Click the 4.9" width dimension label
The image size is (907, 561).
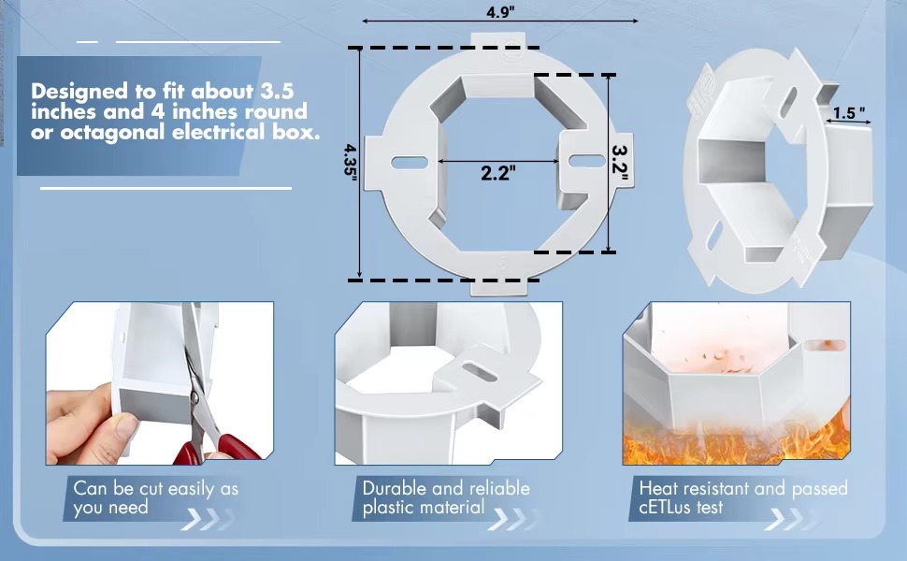click(x=499, y=11)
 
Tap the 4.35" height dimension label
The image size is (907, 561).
click(x=350, y=162)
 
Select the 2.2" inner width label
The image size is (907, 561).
click(x=498, y=172)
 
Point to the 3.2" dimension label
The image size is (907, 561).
click(x=620, y=163)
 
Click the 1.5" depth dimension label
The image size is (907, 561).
click(x=849, y=113)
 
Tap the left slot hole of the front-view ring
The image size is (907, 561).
click(x=410, y=163)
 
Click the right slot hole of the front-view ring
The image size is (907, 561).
click(x=587, y=161)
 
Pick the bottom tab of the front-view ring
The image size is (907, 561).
click(x=498, y=286)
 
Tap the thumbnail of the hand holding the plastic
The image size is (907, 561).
click(x=160, y=382)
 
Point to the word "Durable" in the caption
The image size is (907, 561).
click(x=395, y=488)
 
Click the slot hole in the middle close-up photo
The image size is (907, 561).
click(x=479, y=372)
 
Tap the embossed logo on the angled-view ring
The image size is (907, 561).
click(x=703, y=89)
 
